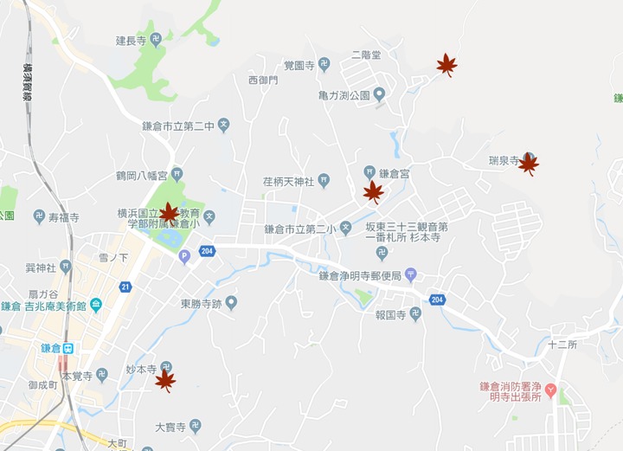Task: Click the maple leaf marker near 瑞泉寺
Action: (528, 163)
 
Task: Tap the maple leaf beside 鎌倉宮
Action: (373, 191)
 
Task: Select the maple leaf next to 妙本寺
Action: (165, 379)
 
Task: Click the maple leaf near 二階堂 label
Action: (446, 64)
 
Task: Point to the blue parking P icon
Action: (183, 255)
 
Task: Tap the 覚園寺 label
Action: (300, 65)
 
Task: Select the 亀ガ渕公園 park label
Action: (344, 94)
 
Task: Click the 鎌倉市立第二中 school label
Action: (178, 126)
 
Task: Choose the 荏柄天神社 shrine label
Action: (289, 181)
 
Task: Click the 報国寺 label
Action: (391, 314)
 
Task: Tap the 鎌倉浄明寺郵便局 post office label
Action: (359, 275)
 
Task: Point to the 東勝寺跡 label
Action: (202, 303)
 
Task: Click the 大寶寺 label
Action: (170, 427)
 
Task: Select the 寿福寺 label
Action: (63, 217)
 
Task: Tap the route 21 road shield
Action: (125, 287)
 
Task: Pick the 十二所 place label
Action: (562, 344)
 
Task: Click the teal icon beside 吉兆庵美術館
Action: (95, 305)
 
